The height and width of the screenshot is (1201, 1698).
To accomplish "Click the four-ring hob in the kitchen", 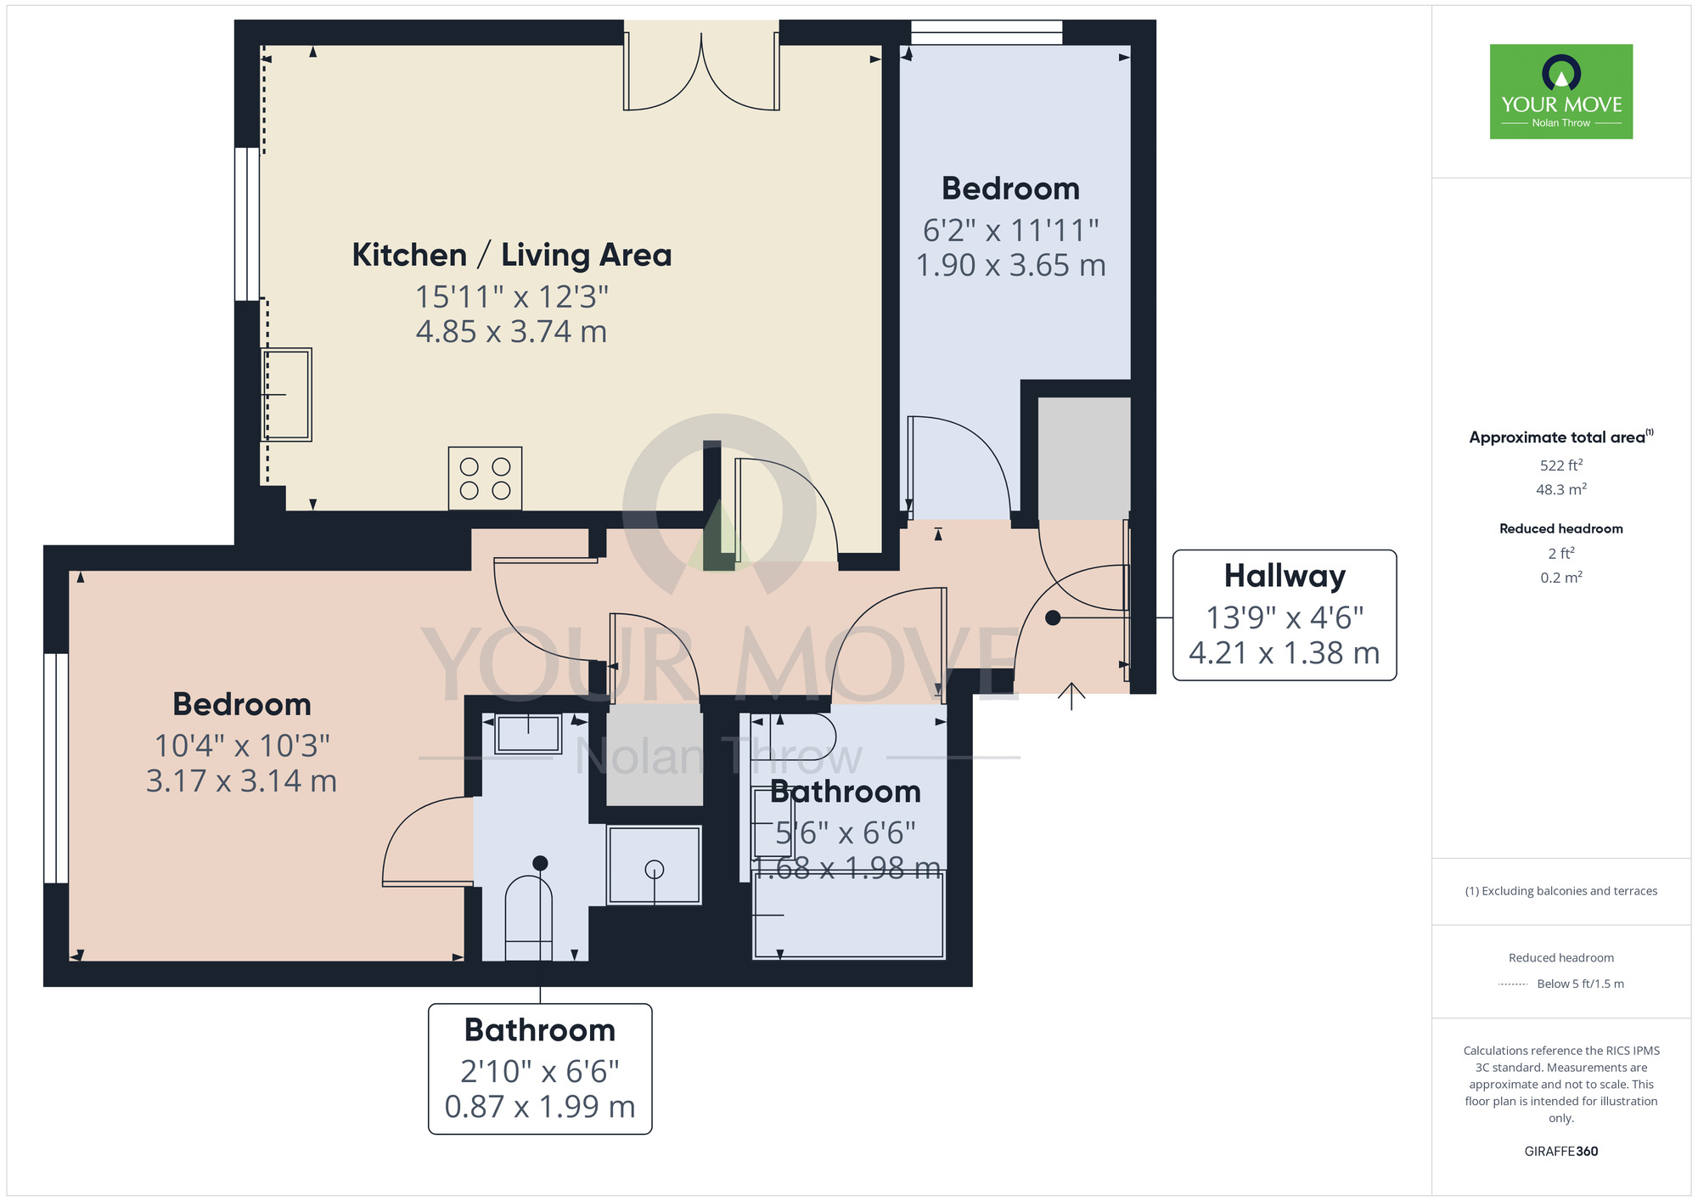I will pos(485,478).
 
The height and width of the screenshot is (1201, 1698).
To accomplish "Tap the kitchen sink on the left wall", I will pos(287,394).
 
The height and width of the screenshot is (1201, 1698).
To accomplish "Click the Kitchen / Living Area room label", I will pos(511,255).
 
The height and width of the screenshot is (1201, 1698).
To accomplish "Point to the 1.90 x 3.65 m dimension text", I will pos(1010,266).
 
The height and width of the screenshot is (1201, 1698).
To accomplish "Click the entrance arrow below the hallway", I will pos(1071,696).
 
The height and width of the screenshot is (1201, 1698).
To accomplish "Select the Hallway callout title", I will pos(1284,576).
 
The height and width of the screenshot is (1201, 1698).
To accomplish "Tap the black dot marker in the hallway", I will pos(1053,618).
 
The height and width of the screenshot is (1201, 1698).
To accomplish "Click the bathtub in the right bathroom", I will pos(849,916).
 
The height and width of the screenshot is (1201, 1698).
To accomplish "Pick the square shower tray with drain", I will pos(654,866).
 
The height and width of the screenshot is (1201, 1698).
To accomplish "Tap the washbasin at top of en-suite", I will pos(528,733).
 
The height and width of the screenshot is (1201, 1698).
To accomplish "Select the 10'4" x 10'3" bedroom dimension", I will pos(242,746).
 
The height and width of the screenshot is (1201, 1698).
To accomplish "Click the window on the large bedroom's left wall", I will pos(56,768).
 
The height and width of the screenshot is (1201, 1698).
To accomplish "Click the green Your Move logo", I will pos(1560,92).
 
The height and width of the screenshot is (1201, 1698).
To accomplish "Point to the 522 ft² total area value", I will pos(1560,465).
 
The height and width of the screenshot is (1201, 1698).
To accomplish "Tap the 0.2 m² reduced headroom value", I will pos(1560,578).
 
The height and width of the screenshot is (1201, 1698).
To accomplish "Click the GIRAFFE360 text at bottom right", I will pos(1560,1152).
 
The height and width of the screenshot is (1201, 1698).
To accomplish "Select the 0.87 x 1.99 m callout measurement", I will pos(540,1107).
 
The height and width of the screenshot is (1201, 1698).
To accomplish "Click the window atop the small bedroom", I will pos(986,33).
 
